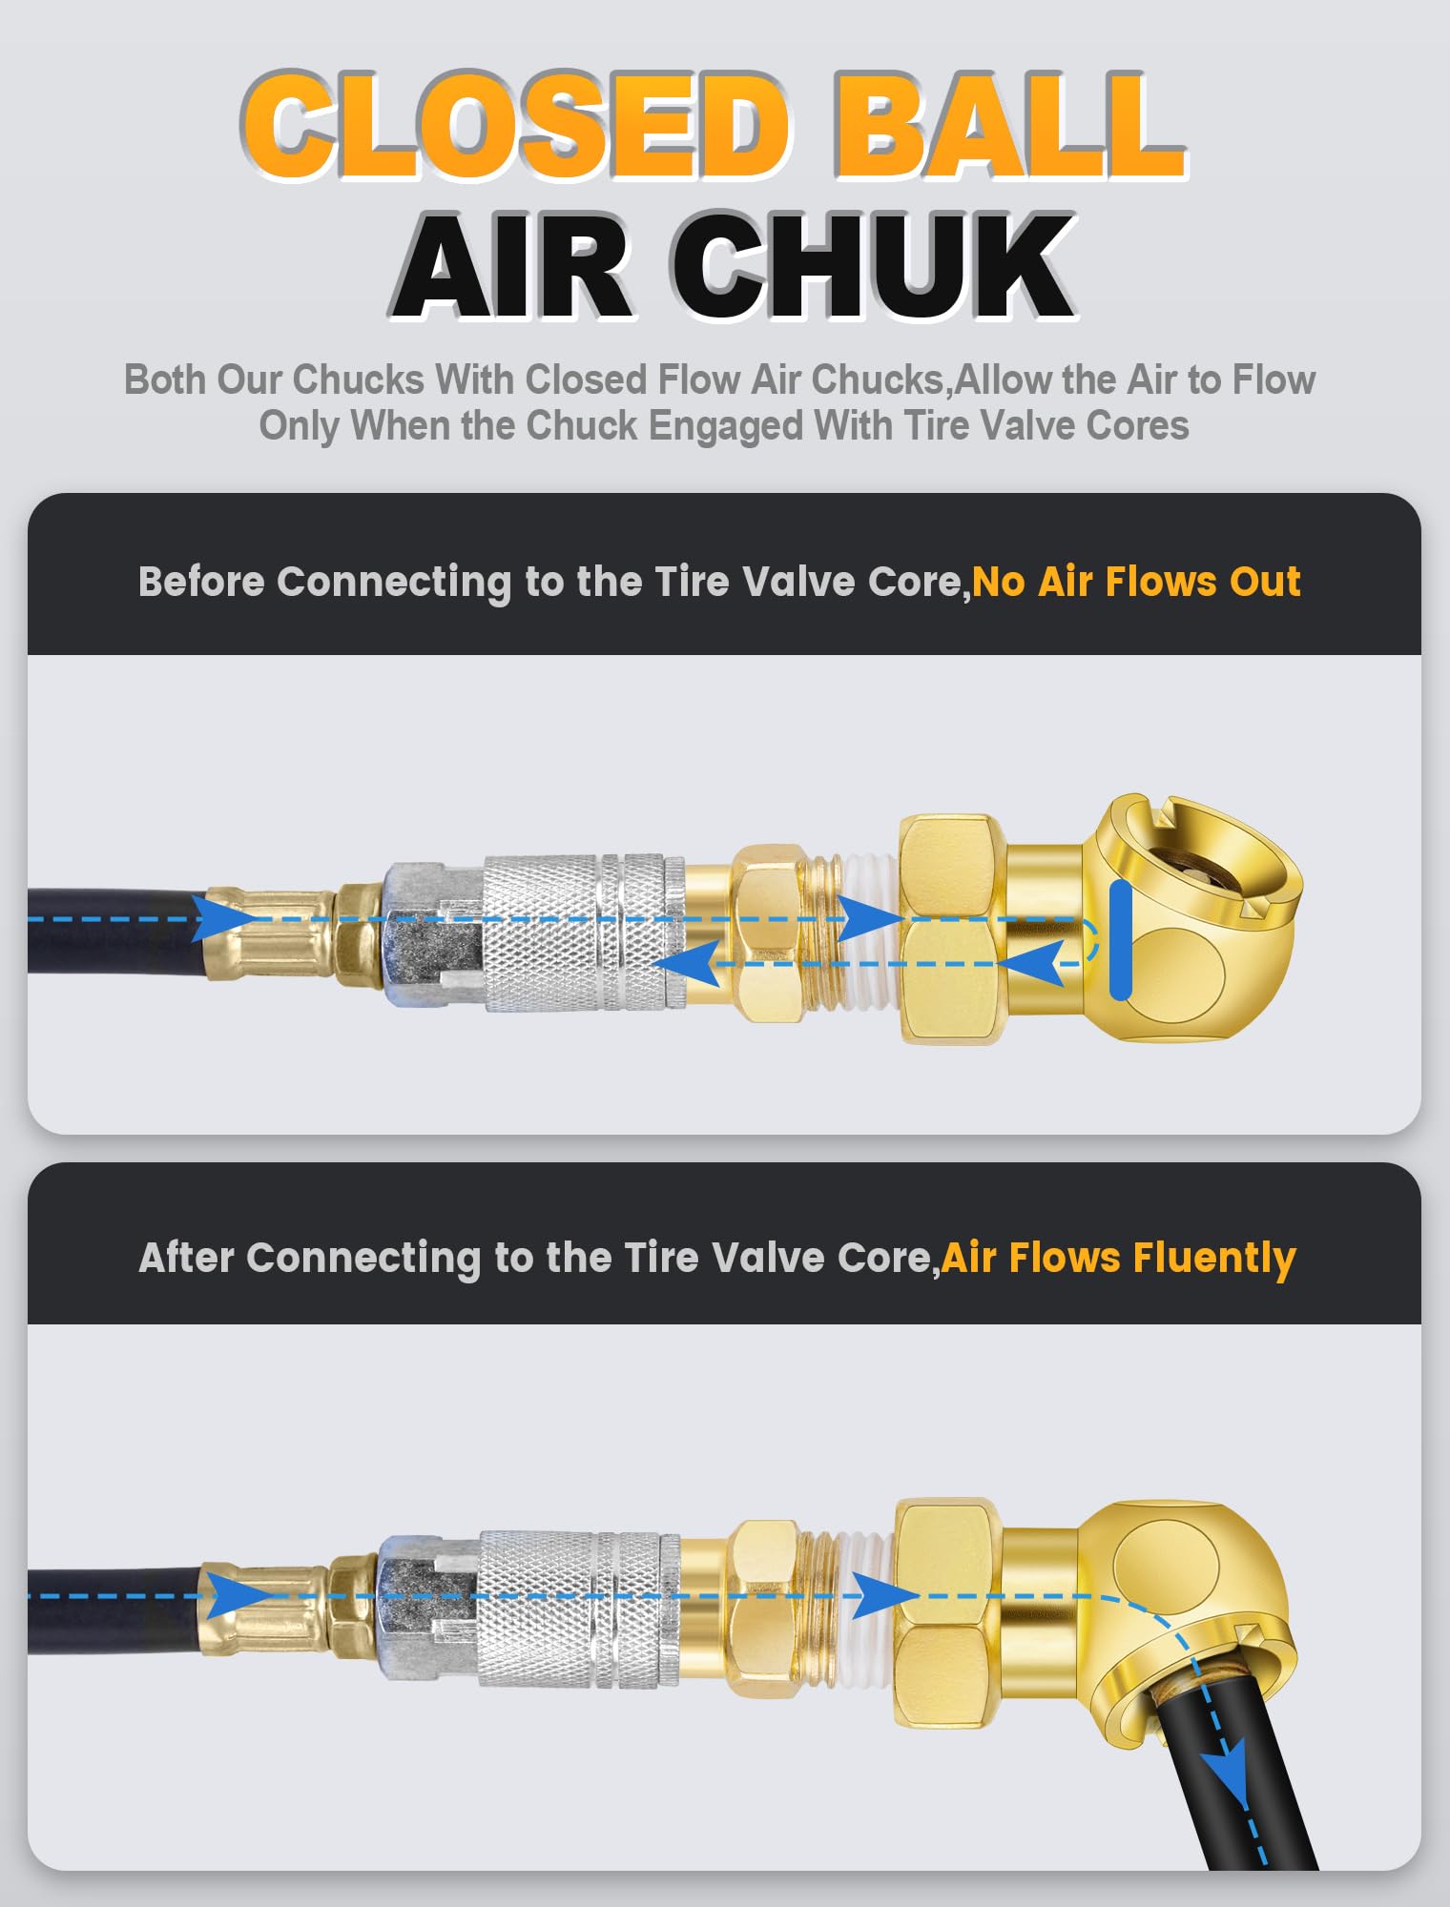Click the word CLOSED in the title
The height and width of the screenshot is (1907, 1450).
point(515,126)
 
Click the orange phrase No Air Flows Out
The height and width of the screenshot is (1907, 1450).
point(1136,582)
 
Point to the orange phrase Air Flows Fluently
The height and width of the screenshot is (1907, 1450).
point(1118,1258)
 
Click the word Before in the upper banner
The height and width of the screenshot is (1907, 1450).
point(200,582)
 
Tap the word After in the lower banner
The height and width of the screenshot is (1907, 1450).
point(186,1258)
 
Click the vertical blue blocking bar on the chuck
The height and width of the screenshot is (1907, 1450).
point(1121,940)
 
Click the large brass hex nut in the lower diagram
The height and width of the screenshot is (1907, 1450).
point(944,1611)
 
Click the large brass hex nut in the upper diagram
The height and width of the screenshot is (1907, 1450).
point(949,930)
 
